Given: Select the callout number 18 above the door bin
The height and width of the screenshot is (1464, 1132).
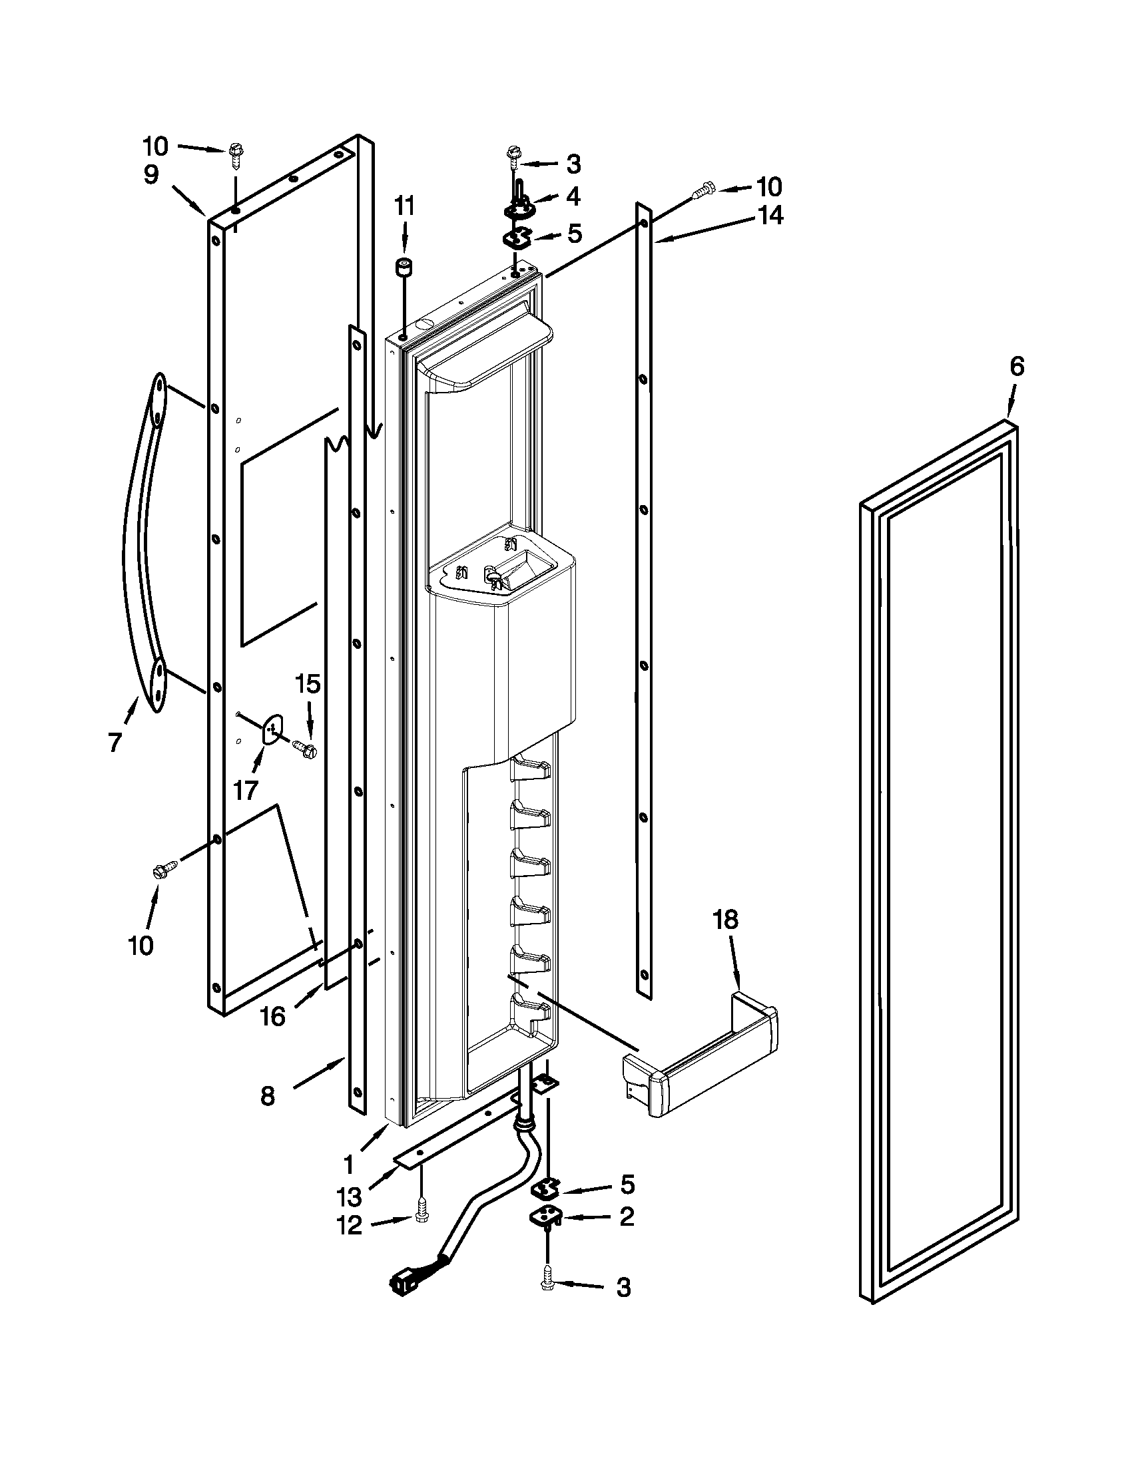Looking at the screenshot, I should [725, 919].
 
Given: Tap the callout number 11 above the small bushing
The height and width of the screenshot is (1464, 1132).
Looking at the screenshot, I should [404, 206].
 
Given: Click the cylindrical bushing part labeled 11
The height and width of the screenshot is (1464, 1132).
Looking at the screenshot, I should [404, 270].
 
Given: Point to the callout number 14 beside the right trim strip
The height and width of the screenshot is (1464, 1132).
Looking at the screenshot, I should [770, 215].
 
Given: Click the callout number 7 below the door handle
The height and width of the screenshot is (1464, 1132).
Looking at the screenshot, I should [115, 743].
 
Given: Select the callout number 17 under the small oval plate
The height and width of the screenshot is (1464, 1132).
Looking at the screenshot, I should [245, 791].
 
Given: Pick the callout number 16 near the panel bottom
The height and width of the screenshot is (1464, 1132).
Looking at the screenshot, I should [272, 1017].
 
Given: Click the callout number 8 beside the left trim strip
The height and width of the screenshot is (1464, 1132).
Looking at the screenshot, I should [267, 1097].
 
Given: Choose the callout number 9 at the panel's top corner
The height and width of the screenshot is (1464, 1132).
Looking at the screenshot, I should [152, 175].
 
